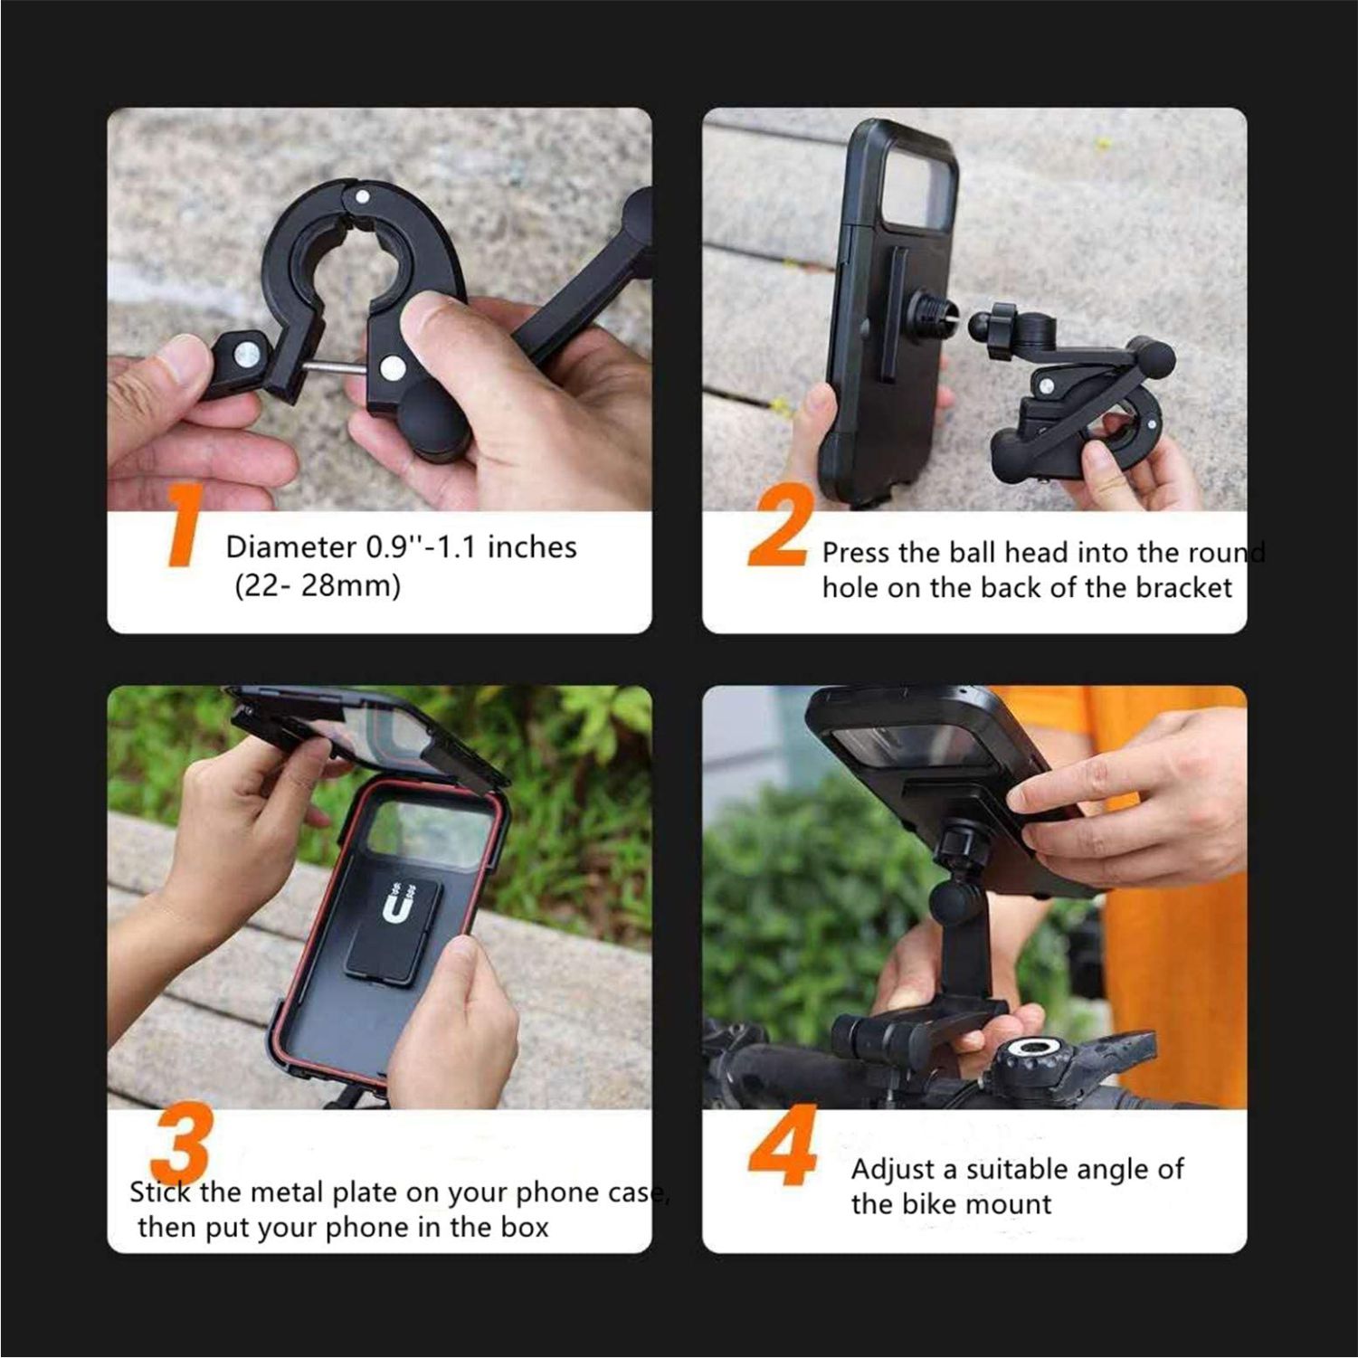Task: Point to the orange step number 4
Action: pos(784,1153)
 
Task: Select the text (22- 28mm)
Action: pos(317,586)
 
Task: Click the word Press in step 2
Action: pos(853,553)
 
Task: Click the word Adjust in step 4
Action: pos(891,1170)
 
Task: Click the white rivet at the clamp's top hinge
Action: pos(362,196)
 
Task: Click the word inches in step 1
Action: pos(532,546)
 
